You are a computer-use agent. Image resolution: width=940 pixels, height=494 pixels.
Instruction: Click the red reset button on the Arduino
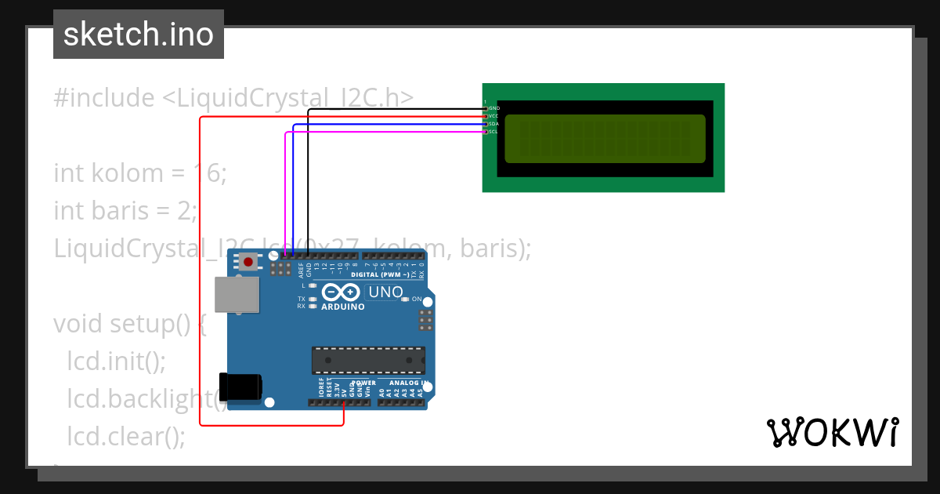(x=248, y=262)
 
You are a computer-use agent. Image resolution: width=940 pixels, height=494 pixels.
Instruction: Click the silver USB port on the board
(x=237, y=296)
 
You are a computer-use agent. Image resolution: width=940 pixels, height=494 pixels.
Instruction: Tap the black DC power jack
(x=240, y=387)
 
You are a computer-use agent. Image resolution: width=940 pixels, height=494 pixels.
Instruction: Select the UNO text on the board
(x=385, y=292)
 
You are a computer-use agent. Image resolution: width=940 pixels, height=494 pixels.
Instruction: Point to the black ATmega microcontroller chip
(x=368, y=360)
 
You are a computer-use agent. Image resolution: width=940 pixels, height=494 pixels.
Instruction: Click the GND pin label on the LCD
(x=494, y=107)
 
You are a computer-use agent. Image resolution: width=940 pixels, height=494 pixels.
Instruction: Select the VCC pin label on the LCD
(x=494, y=116)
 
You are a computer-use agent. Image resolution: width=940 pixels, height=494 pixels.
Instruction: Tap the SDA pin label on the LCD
(x=494, y=124)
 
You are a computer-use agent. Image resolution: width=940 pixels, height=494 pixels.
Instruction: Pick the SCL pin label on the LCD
(x=494, y=132)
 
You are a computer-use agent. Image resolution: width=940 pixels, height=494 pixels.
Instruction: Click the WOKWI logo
(x=832, y=432)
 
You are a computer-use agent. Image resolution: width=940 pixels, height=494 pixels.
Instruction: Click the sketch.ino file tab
(x=139, y=35)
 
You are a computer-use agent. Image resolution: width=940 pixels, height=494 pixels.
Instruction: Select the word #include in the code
(x=104, y=98)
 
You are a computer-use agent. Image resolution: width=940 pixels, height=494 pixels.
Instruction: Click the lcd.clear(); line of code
(x=126, y=436)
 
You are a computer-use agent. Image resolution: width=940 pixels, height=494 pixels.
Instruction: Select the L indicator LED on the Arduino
(x=313, y=285)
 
